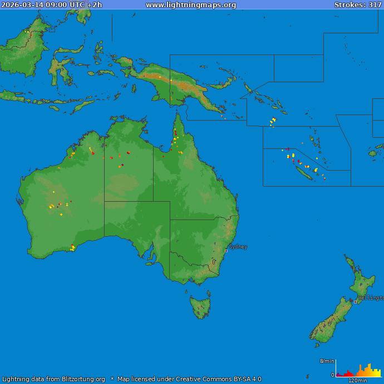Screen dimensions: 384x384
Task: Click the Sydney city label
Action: coord(238,247)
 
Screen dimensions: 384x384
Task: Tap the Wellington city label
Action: coord(370,298)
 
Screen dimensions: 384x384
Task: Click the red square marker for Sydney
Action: coord(226,251)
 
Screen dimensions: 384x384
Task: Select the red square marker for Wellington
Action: coord(356,302)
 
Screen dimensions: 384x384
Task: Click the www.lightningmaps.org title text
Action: coord(191,5)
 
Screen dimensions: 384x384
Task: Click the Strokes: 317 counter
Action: coord(358,5)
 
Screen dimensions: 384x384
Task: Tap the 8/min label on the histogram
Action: coord(327,361)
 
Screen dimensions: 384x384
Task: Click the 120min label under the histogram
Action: coord(357,381)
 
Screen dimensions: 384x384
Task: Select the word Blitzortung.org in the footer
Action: coord(85,380)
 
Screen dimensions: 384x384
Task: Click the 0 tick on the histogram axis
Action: coord(333,375)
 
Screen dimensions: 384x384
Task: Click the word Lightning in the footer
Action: coord(17,380)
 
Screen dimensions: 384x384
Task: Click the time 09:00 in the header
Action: coord(57,5)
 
